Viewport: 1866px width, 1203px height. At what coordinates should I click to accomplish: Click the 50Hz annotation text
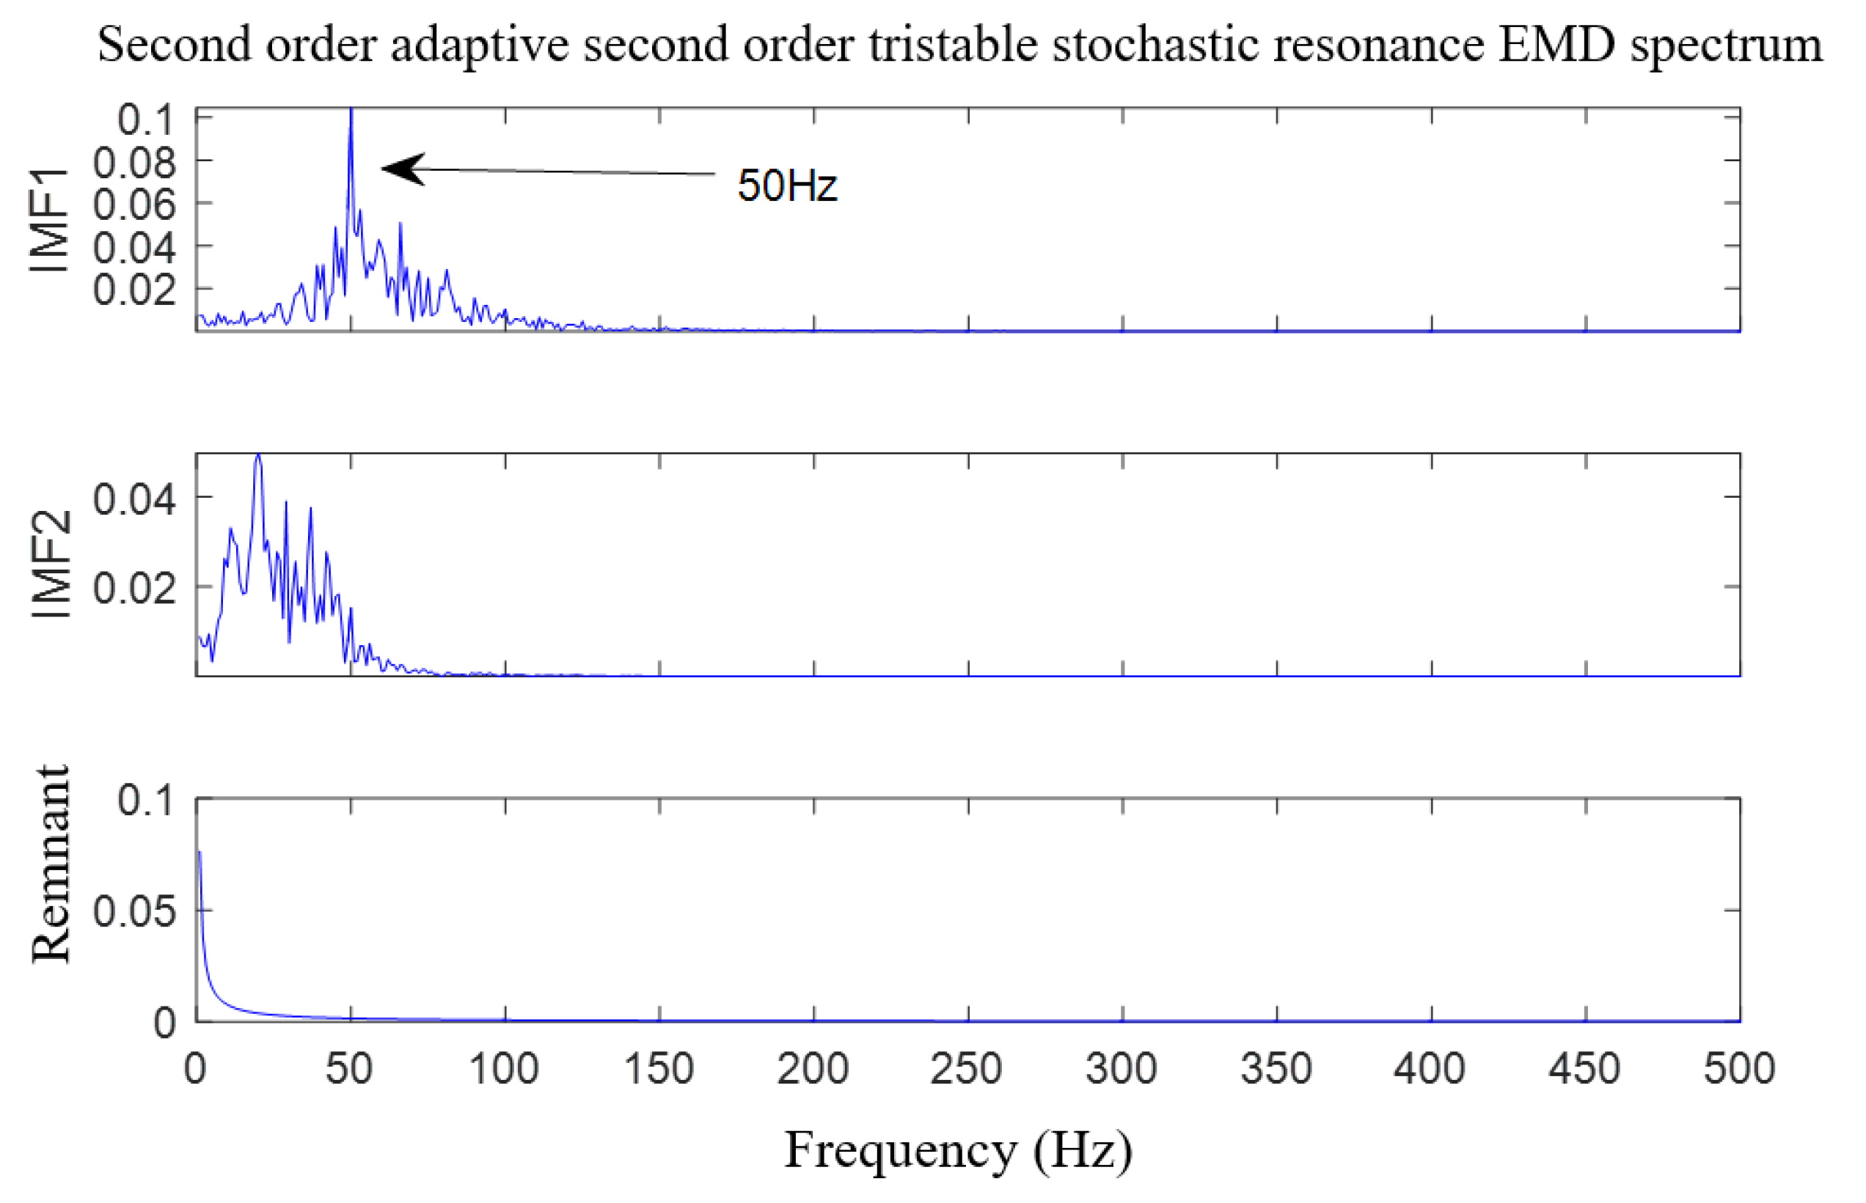pos(787,186)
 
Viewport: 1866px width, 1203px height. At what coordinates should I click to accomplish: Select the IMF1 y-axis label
pos(49,220)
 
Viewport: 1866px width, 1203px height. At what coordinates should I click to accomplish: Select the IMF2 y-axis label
pos(51,564)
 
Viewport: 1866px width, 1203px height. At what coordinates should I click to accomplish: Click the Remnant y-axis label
pos(51,864)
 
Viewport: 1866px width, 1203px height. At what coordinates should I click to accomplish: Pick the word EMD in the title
pos(1555,45)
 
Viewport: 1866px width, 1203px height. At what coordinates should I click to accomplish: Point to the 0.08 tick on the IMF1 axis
pos(134,163)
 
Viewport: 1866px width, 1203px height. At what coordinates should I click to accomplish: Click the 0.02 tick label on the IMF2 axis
pos(134,587)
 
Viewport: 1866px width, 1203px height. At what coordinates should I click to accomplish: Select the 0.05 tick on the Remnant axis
pos(134,910)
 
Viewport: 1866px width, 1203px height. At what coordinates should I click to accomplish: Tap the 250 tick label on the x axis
pos(967,1068)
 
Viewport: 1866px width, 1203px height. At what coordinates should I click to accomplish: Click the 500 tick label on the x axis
pos(1739,1068)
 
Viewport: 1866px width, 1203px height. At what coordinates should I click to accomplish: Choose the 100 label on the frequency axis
pos(503,1068)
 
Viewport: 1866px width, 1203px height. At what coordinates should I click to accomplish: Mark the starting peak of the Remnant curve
pos(200,853)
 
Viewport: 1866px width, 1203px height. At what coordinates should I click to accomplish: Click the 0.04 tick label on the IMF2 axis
pos(134,499)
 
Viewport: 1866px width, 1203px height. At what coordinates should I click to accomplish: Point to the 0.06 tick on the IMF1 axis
pos(134,205)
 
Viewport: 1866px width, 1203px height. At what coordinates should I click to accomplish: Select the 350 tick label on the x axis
pos(1276,1068)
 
